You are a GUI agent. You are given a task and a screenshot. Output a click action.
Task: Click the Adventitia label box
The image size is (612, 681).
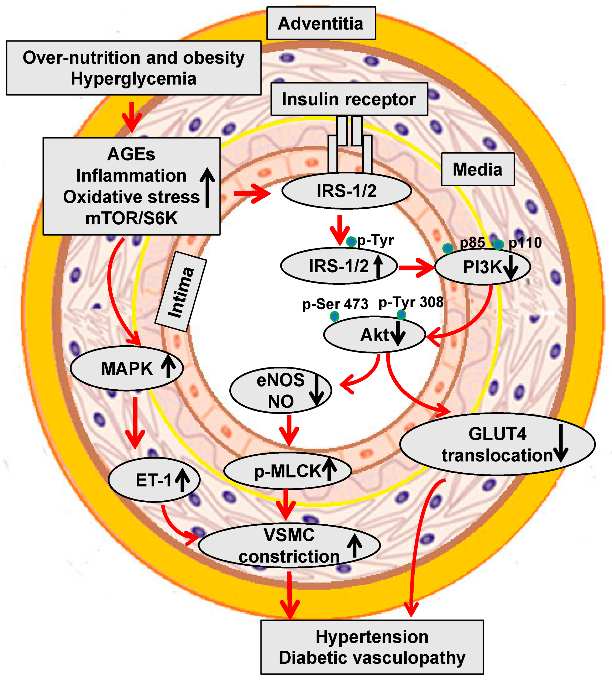pos(321,23)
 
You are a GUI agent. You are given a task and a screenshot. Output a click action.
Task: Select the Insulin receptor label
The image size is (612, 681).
pos(349,99)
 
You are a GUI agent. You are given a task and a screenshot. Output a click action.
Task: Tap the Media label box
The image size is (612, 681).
pos(477,169)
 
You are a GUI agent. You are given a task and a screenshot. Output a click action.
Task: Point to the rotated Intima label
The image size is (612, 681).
pos(181,292)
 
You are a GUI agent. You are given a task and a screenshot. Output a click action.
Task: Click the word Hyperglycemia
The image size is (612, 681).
pos(133,79)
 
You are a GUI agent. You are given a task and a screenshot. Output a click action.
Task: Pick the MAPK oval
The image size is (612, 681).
pos(127,368)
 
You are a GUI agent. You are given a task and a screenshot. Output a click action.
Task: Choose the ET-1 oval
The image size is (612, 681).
pos(154,480)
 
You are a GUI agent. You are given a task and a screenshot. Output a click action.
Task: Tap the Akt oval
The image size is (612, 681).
pos(374,335)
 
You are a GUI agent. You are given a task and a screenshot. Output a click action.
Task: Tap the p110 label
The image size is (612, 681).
pos(525,242)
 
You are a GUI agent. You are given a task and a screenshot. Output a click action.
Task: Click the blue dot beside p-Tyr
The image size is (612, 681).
pos(351,242)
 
